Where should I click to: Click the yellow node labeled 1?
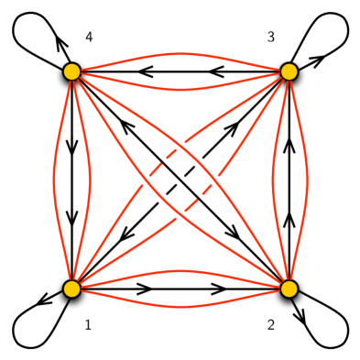[x=71, y=289]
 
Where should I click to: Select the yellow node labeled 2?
[x=289, y=289]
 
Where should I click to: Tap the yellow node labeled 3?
[x=289, y=71]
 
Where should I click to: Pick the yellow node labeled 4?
[x=71, y=71]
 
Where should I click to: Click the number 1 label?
[x=89, y=324]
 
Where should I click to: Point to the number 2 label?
[x=271, y=324]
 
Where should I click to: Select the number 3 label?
[x=270, y=37]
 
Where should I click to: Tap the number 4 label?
[x=89, y=37]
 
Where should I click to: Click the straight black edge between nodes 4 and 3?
[x=179, y=71]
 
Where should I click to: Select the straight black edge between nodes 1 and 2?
[x=179, y=289]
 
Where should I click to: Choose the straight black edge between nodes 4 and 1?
[x=71, y=179]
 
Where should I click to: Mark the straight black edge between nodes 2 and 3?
[x=289, y=179]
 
